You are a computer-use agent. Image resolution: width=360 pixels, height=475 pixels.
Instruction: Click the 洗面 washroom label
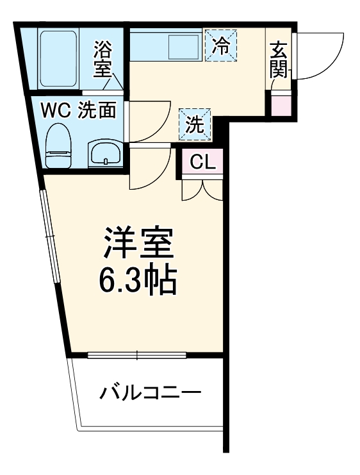point(97,110)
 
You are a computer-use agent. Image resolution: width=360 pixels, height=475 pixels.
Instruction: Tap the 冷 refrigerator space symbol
point(220,45)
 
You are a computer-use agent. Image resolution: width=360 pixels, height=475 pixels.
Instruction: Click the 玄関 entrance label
point(279,60)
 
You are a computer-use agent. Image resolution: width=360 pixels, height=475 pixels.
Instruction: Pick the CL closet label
point(200,161)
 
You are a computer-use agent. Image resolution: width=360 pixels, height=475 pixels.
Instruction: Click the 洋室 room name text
point(138,243)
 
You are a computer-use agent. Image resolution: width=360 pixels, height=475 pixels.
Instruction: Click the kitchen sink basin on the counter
point(183,46)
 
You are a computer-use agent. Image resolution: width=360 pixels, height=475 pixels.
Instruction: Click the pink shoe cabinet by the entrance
point(281,104)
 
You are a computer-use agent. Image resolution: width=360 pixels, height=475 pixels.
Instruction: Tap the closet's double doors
point(201,187)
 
